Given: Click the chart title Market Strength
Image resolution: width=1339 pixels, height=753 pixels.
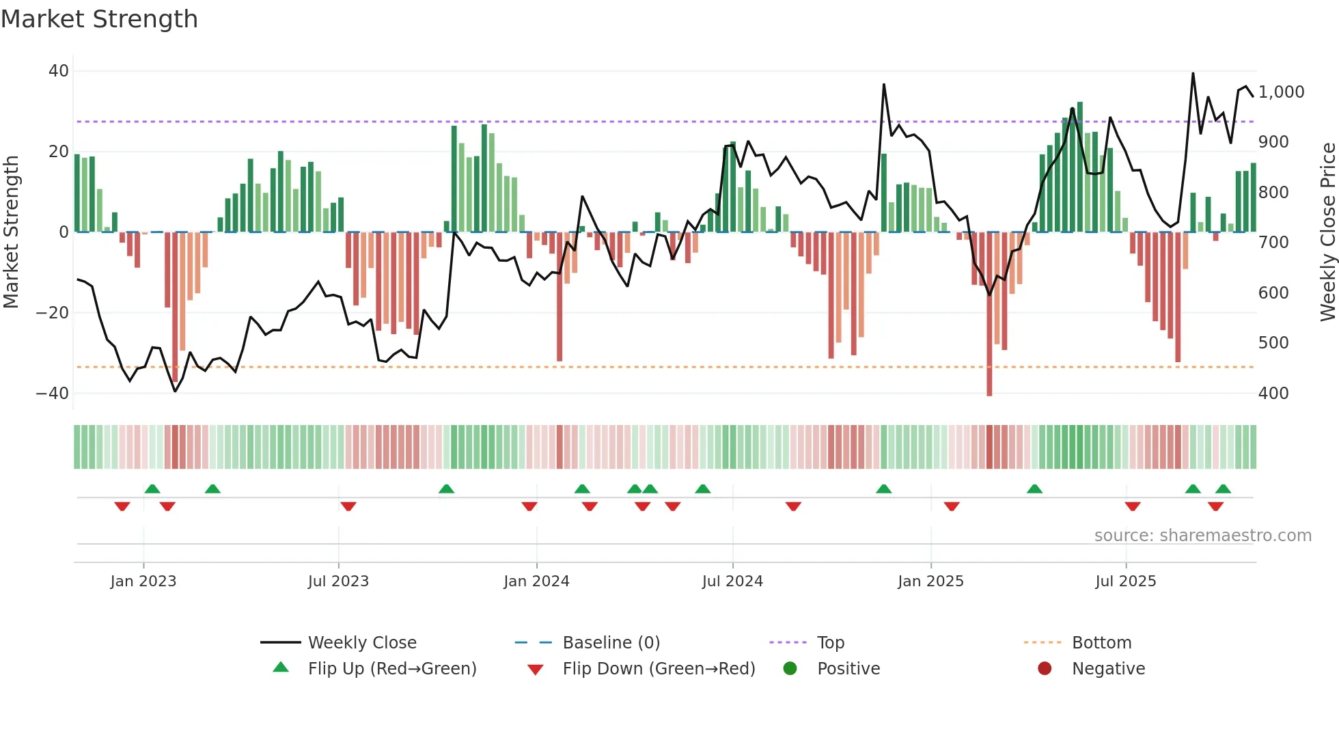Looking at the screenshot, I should pos(99,19).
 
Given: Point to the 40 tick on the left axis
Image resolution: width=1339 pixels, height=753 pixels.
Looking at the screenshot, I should pos(59,71).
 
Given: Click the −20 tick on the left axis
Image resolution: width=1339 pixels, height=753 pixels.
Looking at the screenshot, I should pos(53,313).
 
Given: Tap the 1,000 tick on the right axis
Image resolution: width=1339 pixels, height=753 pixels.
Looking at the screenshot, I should pos(1281,92).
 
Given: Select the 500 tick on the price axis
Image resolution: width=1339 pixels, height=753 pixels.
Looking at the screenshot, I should pos(1273,343).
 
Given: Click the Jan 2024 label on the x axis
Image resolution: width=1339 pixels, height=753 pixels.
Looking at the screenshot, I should pos(536,581).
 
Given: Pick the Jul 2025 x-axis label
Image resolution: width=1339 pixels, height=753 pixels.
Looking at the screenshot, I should pos(1125,581).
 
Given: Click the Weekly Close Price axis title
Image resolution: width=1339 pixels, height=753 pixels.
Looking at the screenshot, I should pos(1327,232).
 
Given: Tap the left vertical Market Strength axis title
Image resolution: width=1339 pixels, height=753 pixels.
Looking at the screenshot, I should pos(11,232).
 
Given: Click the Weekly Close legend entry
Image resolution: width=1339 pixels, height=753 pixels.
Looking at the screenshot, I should pos(361,643).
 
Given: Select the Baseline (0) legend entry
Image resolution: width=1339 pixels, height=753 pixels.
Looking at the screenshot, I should pos(611,643).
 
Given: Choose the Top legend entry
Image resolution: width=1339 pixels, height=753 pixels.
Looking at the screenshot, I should pos(830,643).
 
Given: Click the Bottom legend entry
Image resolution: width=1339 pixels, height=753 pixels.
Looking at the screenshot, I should pos(1101,643).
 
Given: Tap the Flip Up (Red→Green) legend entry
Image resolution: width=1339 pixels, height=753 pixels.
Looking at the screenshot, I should pos(391,669).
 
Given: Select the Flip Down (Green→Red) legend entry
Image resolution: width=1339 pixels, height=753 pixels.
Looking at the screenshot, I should pos(659,669).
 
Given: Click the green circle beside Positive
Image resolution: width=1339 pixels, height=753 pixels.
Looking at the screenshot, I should pos(790,669).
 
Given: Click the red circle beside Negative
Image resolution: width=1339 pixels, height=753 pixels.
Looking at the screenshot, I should pos(1045,669).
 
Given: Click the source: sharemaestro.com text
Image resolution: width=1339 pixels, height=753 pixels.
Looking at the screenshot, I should pos(1202,536).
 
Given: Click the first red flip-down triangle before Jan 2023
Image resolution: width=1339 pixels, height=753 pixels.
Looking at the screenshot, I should pos(122,506).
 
